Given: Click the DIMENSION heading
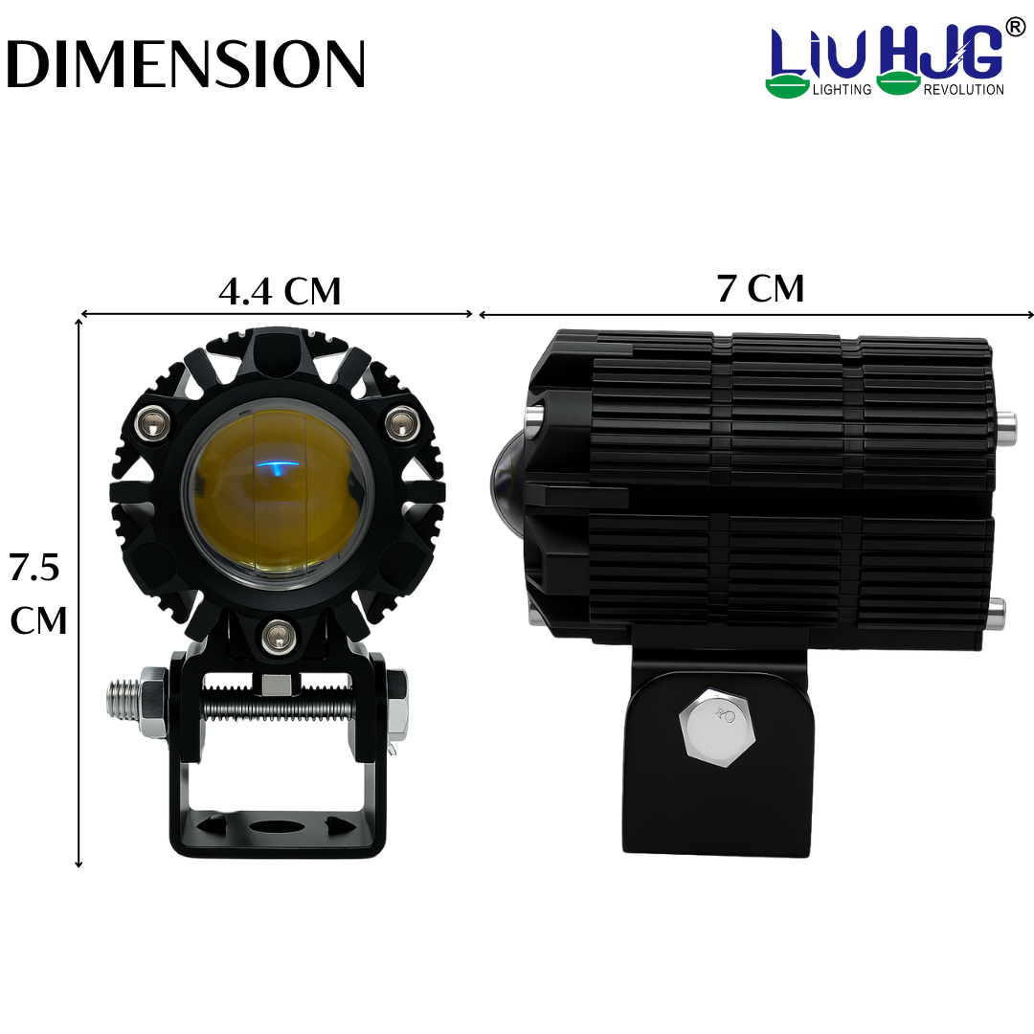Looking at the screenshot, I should coord(185,64).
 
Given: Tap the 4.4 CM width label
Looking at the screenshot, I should coord(280,291).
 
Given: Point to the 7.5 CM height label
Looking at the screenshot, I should coord(37,594).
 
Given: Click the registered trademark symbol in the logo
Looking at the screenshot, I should coord(1016,27).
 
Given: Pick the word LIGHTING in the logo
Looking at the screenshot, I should coord(842,89).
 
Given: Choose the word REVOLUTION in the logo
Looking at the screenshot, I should coord(963,89).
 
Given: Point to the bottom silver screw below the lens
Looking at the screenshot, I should coord(278,633).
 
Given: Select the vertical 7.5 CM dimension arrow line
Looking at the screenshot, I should coord(79,594).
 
